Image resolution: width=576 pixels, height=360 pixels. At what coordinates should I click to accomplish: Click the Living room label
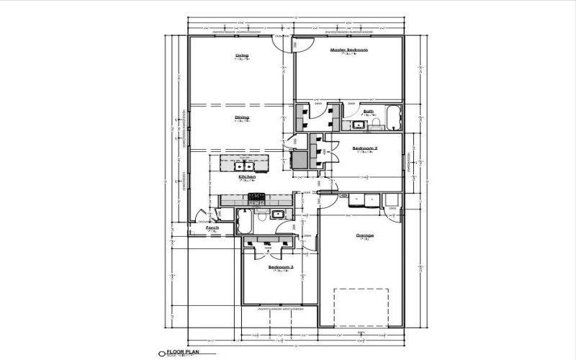tap(242, 55)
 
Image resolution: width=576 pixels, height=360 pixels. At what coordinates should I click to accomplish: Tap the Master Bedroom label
tap(348, 50)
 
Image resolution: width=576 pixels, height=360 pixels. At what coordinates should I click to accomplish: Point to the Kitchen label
tap(247, 176)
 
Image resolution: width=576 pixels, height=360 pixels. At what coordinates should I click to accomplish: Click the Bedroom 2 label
tap(365, 148)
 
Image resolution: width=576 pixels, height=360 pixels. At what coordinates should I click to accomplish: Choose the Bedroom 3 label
tap(281, 266)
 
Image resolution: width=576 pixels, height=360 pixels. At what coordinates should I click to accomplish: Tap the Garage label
tap(364, 235)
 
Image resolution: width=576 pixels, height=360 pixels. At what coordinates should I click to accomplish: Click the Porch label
tap(212, 228)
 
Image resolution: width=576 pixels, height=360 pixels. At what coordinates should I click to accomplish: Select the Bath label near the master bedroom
tap(368, 111)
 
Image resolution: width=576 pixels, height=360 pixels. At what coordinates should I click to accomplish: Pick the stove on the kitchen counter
tap(257, 197)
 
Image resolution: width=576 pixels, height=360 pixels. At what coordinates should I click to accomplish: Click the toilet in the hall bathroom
tap(264, 215)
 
